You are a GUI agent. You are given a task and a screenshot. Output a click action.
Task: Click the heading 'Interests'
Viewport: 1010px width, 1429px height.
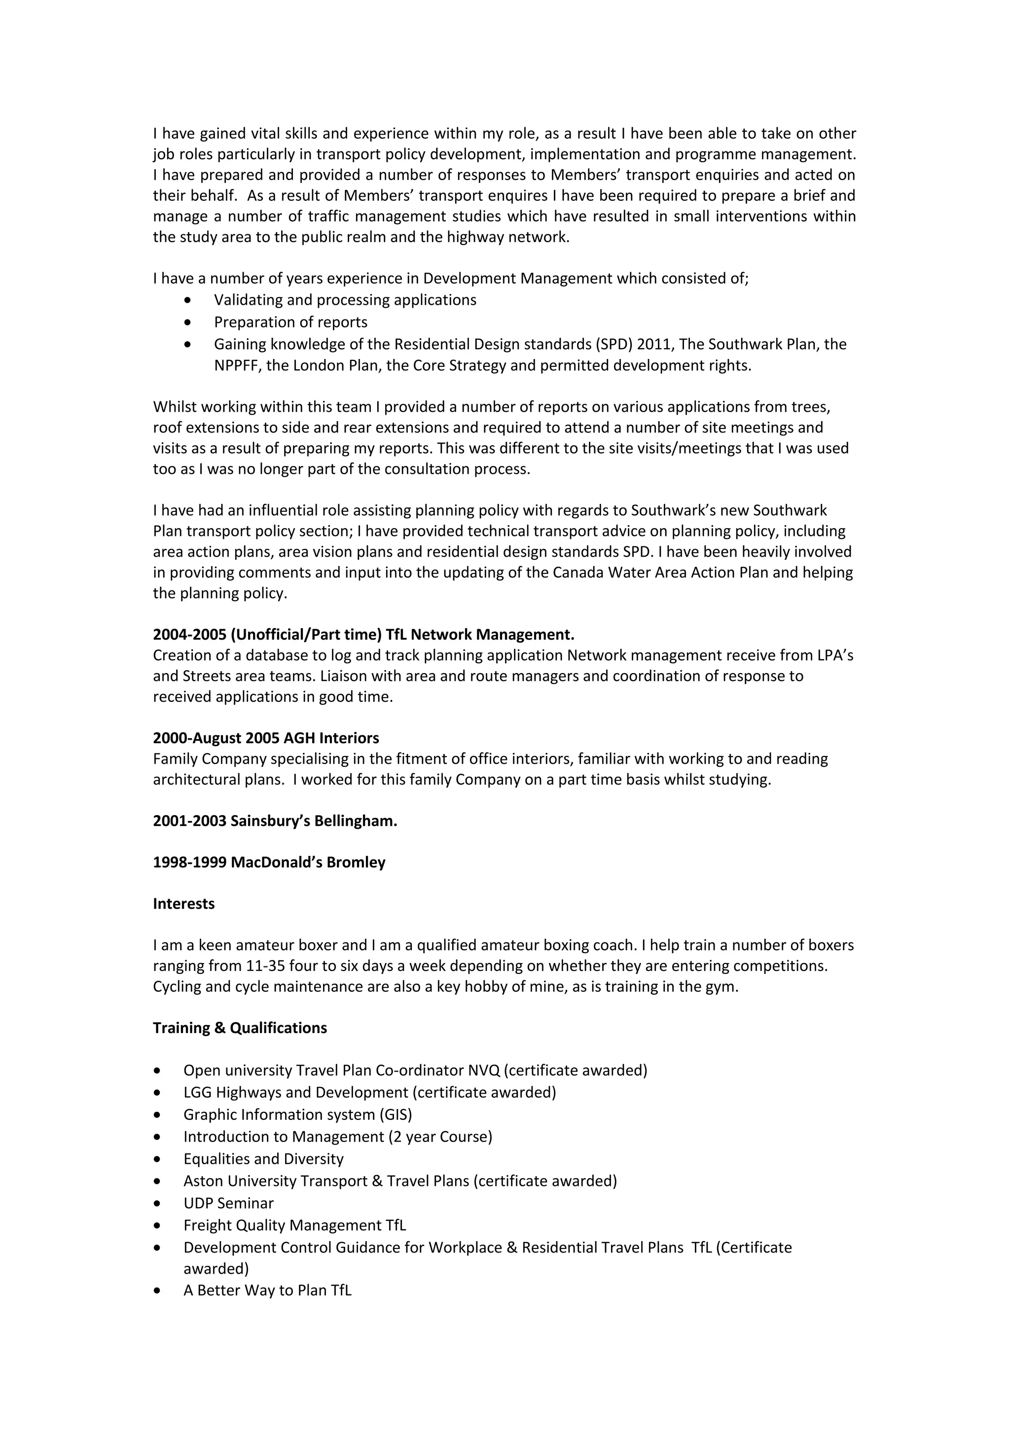coord(183,904)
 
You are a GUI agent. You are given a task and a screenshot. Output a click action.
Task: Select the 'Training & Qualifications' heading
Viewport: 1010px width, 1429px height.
coord(240,1028)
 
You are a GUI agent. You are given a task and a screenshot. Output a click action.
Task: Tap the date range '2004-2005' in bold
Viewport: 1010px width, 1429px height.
coord(189,634)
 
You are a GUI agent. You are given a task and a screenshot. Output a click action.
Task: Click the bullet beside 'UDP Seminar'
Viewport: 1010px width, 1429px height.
coord(157,1204)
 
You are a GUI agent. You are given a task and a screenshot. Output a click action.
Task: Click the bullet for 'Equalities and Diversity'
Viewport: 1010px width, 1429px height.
coord(157,1159)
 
